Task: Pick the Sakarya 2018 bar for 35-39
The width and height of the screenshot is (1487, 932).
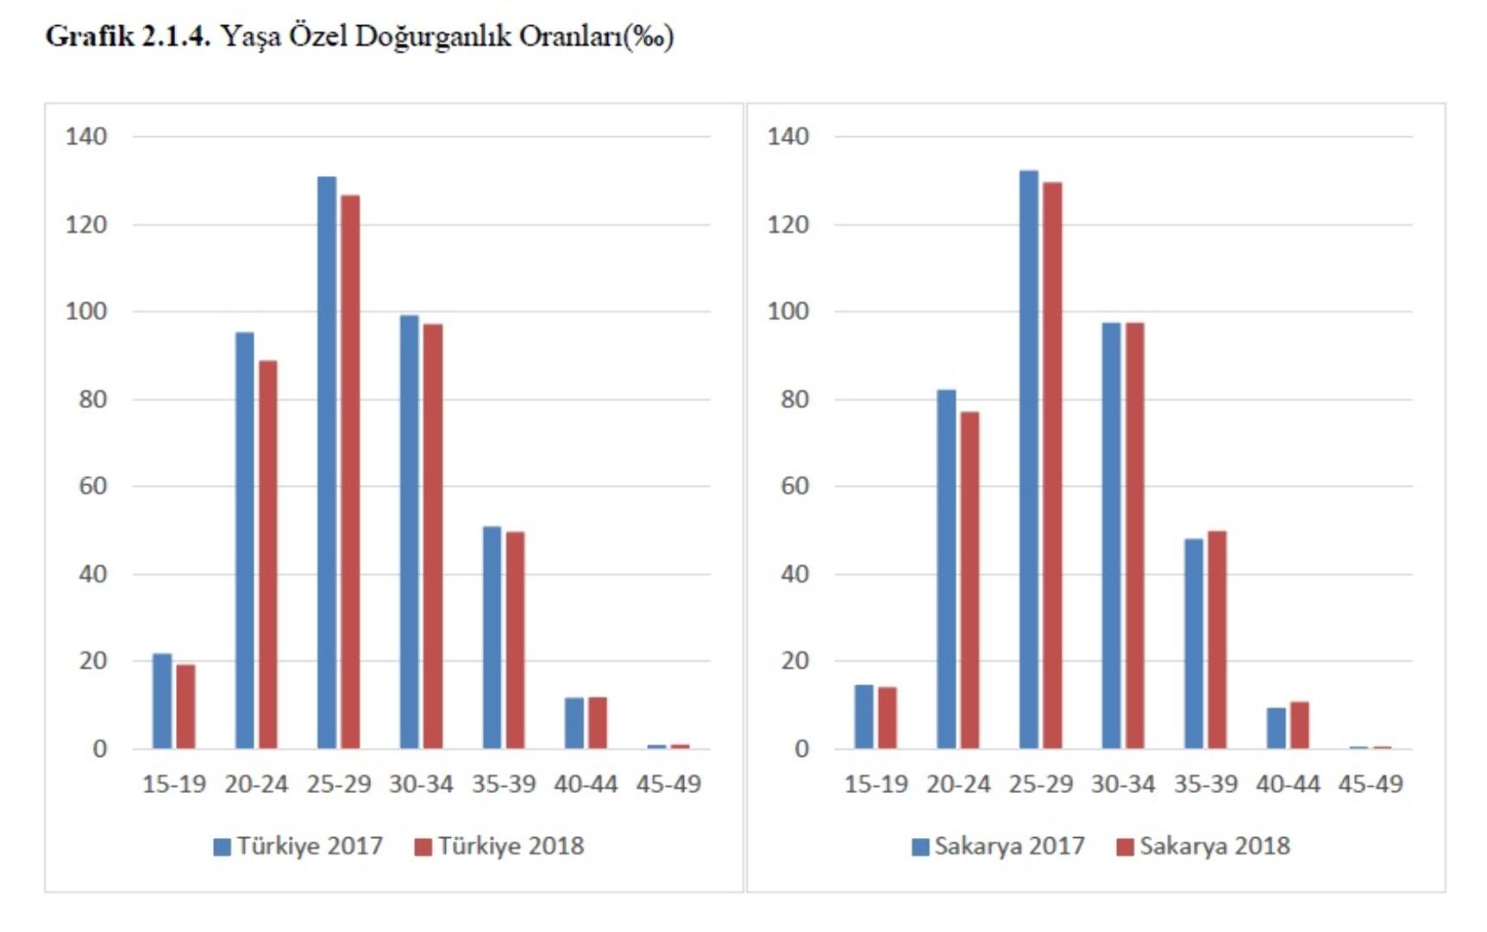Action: [x=1217, y=639]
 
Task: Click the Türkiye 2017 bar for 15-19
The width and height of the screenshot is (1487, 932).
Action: [x=162, y=701]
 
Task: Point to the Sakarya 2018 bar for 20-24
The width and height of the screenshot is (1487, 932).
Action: [x=969, y=580]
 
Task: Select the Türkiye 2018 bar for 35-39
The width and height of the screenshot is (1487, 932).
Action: [x=515, y=639]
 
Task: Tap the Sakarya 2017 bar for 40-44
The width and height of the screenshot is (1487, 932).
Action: [x=1277, y=728]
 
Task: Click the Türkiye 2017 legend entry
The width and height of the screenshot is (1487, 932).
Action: [x=298, y=846]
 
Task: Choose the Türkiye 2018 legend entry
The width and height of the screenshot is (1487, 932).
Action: [x=499, y=846]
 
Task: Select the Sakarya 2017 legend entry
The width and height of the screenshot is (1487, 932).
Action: [x=998, y=846]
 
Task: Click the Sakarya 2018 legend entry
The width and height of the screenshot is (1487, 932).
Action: [x=1203, y=846]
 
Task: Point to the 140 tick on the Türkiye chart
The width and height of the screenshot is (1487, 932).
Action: [x=86, y=136]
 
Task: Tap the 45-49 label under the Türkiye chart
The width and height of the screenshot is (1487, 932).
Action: [x=668, y=784]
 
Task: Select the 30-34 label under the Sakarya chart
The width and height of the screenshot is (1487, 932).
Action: [x=1123, y=784]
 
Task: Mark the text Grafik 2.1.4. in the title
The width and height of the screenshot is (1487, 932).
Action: [x=128, y=36]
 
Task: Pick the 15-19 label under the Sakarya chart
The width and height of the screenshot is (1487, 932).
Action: [x=875, y=784]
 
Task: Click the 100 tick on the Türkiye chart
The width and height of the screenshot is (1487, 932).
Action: [x=86, y=312]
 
